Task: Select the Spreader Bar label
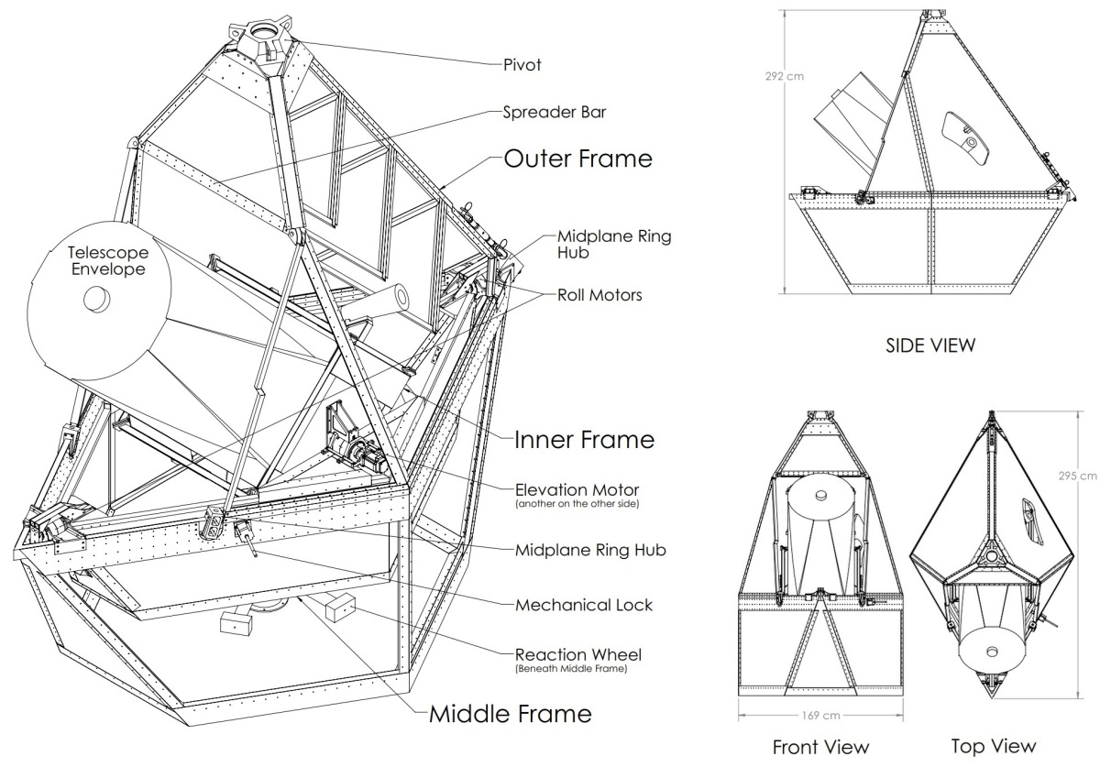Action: click(x=554, y=113)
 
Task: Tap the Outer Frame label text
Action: click(x=577, y=159)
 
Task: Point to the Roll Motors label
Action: click(x=599, y=295)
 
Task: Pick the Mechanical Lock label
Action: click(x=584, y=605)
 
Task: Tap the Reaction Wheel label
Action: click(x=578, y=654)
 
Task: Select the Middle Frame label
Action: click(x=511, y=713)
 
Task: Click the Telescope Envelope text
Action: click(x=106, y=260)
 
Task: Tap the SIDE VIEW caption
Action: click(x=929, y=345)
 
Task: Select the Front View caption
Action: click(x=820, y=747)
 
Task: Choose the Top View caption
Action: click(x=994, y=747)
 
